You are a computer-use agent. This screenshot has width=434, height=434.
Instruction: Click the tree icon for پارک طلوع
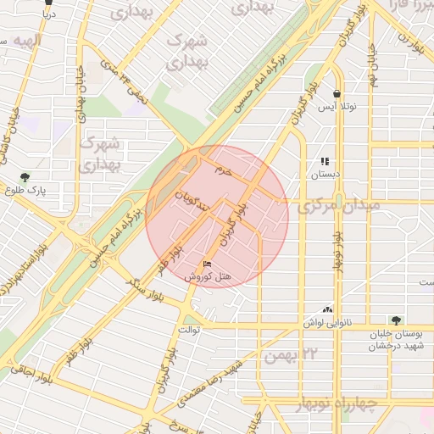[25, 178]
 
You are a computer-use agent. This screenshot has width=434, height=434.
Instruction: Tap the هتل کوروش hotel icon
[208, 264]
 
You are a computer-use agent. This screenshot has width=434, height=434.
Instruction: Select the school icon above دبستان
[324, 161]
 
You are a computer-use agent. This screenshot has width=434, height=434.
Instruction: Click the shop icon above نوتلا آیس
[337, 94]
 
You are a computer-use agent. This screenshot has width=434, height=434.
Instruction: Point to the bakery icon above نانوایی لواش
[327, 310]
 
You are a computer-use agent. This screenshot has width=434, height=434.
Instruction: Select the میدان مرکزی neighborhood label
[338, 205]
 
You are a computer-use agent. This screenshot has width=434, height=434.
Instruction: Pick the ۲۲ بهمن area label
[290, 354]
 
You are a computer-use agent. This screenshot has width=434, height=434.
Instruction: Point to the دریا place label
[48, 14]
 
